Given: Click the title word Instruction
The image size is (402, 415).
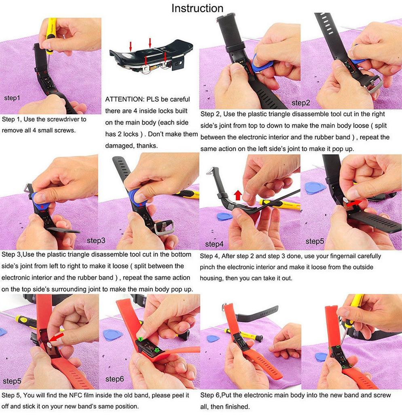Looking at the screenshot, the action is pyautogui.click(x=197, y=8).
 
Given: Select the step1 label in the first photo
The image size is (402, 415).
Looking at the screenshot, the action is pyautogui.click(x=12, y=98).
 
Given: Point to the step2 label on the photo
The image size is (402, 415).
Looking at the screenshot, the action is pyautogui.click(x=300, y=103).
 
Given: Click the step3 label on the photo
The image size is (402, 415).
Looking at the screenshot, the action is pyautogui.click(x=96, y=241).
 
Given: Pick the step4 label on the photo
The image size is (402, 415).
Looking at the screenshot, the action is pyautogui.click(x=214, y=244).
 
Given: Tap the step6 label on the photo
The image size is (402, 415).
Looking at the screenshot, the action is pyautogui.click(x=114, y=379).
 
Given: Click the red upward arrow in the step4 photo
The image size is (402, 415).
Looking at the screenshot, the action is pyautogui.click(x=238, y=195).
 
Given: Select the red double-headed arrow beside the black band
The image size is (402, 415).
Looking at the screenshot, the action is pyautogui.click(x=354, y=203).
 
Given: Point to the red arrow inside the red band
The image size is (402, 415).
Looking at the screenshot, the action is pyautogui.click(x=57, y=337).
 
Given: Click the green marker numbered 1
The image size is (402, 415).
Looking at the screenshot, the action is pyautogui.click(x=140, y=339).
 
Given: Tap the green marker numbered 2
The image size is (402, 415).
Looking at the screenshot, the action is pyautogui.click(x=157, y=350).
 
